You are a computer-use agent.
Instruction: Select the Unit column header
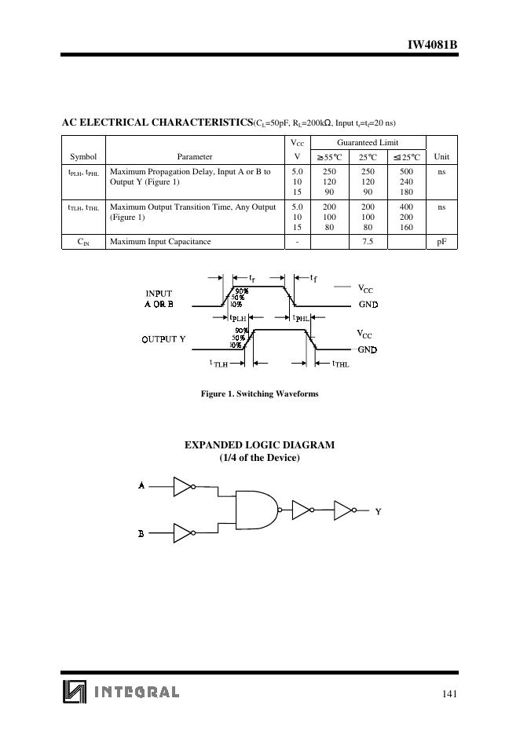(441, 156)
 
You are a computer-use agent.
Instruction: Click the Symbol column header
(83, 156)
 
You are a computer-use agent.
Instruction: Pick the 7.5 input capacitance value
(368, 241)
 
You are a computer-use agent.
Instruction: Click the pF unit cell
(441, 241)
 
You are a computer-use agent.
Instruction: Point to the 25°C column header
(368, 156)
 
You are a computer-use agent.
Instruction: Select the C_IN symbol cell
(83, 242)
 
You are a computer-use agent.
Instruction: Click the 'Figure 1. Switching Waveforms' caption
(260, 393)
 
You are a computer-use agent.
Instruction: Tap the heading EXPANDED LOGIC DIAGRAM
(259, 444)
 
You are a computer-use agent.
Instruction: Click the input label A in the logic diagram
(141, 485)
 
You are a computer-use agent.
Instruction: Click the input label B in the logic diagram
(141, 533)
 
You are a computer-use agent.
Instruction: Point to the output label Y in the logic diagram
(378, 511)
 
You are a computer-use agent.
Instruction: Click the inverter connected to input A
(183, 486)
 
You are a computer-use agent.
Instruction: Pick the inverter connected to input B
(183, 533)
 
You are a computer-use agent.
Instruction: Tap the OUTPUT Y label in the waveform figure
(163, 339)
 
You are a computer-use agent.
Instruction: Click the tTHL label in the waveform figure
(340, 364)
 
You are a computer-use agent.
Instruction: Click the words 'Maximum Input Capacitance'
(160, 241)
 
